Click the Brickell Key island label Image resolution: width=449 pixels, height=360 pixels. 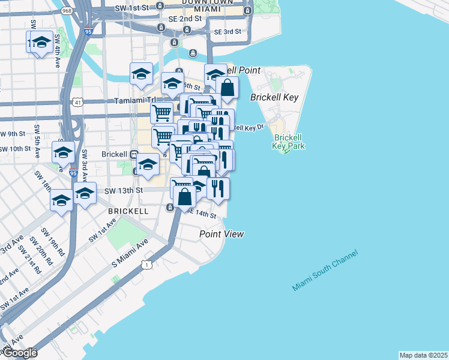pyautogui.click(x=274, y=97)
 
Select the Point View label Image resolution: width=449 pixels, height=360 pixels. pyautogui.click(x=221, y=234)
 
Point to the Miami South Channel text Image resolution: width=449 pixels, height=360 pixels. pyautogui.click(x=325, y=271)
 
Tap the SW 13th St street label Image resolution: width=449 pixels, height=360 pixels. pyautogui.click(x=123, y=190)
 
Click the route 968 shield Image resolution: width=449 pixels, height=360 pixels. pyautogui.click(x=66, y=11)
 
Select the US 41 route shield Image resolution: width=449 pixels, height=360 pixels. pyautogui.click(x=79, y=103)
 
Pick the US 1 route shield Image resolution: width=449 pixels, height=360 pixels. pyautogui.click(x=145, y=264)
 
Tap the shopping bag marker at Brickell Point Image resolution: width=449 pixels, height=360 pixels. pyautogui.click(x=228, y=88)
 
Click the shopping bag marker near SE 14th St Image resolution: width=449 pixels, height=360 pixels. pyautogui.click(x=184, y=195)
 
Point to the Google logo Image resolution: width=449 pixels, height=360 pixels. pyautogui.click(x=19, y=353)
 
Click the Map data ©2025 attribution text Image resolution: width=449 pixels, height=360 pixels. pyautogui.click(x=424, y=355)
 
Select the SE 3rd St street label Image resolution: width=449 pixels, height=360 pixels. pyautogui.click(x=227, y=31)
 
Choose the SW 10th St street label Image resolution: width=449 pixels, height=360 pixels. pyautogui.click(x=16, y=149)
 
